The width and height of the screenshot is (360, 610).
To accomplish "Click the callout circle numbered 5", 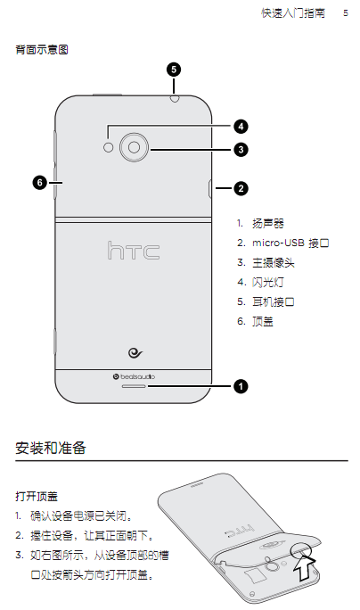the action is click(x=174, y=70).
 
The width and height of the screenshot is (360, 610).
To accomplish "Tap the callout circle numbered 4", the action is click(x=241, y=127).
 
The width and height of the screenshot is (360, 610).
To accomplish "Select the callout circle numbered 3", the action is click(x=241, y=150).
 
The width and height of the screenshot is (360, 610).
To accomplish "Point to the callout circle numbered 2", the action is click(x=241, y=189).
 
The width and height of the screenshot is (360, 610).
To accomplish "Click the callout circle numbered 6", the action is click(x=40, y=182).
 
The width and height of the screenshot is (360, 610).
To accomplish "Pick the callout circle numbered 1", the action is click(x=241, y=386).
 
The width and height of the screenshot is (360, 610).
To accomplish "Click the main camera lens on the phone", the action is click(x=135, y=147).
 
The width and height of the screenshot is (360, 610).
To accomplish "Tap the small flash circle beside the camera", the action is click(x=109, y=147).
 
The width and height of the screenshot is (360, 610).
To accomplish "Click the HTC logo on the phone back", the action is click(x=134, y=250).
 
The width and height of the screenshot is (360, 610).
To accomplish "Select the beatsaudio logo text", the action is click(x=135, y=376).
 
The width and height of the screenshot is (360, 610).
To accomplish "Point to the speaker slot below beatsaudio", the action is click(x=135, y=386).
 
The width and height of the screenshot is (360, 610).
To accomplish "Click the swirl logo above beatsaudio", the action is click(x=135, y=353).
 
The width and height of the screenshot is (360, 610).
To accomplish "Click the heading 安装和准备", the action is click(x=51, y=449).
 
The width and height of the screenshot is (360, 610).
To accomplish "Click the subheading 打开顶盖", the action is click(x=37, y=496).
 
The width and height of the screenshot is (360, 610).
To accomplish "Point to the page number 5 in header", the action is click(x=346, y=13).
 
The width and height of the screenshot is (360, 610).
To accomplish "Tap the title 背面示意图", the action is click(x=42, y=50).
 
